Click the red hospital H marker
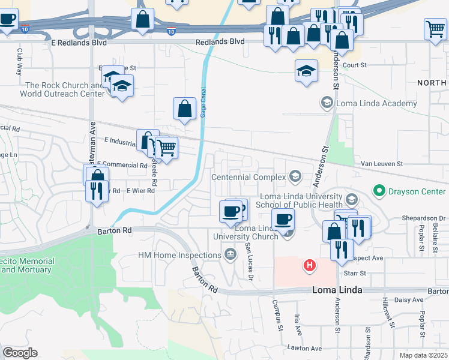point(310,265)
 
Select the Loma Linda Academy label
point(376,103)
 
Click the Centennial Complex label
point(249,177)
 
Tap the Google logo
point(20,353)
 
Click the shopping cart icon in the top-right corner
point(435,28)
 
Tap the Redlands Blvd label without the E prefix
point(221,41)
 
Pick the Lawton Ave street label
point(304,348)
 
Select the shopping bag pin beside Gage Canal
point(185,109)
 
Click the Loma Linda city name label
point(337,290)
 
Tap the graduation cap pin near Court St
point(306,71)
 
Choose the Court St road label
point(355,65)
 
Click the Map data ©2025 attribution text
point(424,355)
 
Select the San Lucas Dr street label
point(248,261)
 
